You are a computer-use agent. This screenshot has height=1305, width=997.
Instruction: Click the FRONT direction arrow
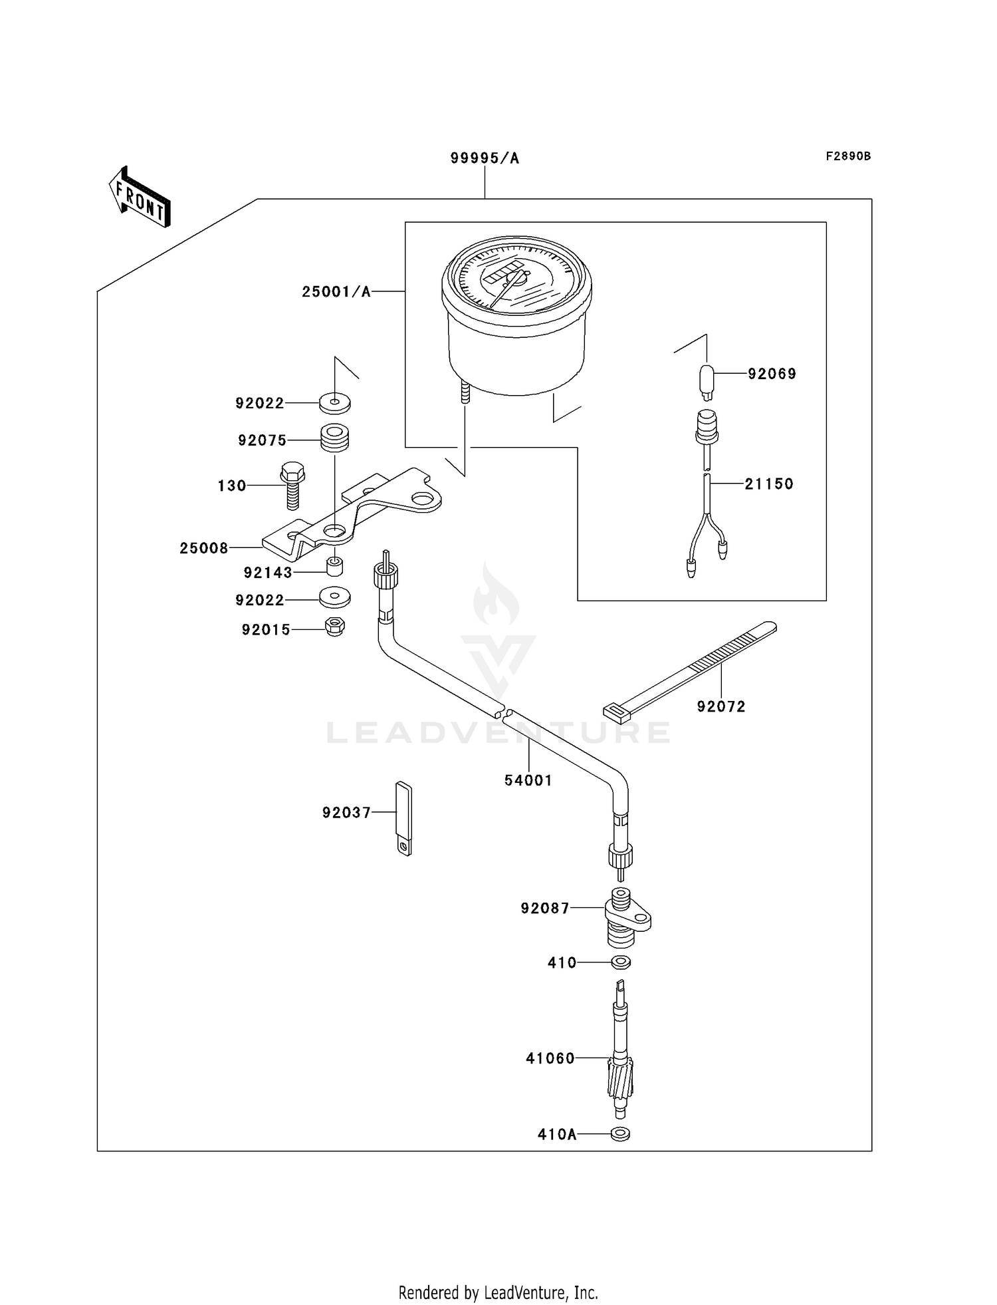[140, 197]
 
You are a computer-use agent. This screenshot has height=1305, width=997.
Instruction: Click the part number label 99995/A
[485, 158]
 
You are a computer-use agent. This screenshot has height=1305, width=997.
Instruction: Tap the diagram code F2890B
[848, 156]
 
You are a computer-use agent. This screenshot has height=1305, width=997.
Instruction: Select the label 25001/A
[336, 291]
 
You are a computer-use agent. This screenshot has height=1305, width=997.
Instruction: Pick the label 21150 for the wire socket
[768, 484]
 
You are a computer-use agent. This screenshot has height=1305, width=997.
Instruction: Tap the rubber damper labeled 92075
[335, 438]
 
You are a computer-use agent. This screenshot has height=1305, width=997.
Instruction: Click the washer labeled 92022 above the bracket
[335, 402]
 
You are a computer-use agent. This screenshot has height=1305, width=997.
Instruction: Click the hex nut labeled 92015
[334, 627]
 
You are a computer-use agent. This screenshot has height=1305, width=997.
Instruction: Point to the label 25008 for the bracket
[203, 548]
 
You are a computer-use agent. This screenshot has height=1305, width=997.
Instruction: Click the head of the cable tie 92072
[616, 712]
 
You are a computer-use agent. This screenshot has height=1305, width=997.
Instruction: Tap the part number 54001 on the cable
[528, 780]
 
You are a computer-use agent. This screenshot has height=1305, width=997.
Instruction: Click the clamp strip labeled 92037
[404, 818]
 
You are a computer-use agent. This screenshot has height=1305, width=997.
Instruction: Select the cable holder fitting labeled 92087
[625, 920]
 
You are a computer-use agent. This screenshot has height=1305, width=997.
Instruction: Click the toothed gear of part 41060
[620, 1078]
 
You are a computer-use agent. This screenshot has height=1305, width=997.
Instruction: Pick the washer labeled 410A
[620, 1134]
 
